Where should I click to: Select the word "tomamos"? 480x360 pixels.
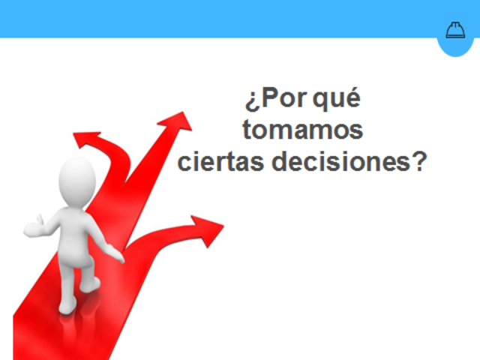pos(303,130)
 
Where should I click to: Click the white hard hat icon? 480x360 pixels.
pos(455,30)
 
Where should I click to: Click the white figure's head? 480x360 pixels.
pos(77,181)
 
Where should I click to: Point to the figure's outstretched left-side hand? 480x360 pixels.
pos(32,225)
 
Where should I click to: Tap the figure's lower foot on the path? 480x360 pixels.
pos(67,304)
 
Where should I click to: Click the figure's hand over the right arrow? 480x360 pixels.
pos(118,255)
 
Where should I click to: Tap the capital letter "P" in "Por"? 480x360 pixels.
pos(268,100)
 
